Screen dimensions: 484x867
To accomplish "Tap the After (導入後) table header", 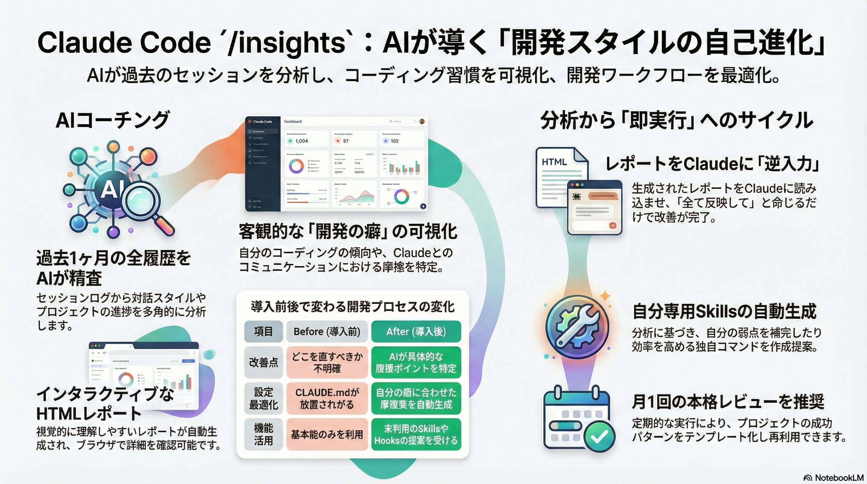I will [x=416, y=331].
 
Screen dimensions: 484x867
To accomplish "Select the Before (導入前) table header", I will [x=327, y=331].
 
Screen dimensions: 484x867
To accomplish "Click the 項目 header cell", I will [x=263, y=331].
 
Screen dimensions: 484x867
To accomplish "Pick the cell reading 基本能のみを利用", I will [x=327, y=435].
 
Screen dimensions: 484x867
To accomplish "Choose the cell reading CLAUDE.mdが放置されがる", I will [x=327, y=398].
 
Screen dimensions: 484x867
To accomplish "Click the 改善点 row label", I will [x=263, y=362].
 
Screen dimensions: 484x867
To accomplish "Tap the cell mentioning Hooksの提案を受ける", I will [x=416, y=435].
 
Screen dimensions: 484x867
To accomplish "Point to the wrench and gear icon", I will [x=577, y=326].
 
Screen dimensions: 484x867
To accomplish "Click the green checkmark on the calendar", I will [x=600, y=436].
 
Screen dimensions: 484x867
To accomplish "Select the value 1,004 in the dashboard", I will [x=301, y=141].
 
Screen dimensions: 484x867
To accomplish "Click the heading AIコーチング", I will [x=113, y=120].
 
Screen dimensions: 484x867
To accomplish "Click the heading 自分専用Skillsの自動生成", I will [x=724, y=311].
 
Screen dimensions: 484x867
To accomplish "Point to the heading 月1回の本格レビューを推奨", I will [x=728, y=401].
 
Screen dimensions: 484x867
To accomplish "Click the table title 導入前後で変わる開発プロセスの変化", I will [x=353, y=307].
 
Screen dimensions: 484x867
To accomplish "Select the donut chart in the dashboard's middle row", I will [x=296, y=166].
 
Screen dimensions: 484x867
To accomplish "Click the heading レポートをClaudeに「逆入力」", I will [x=712, y=164].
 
